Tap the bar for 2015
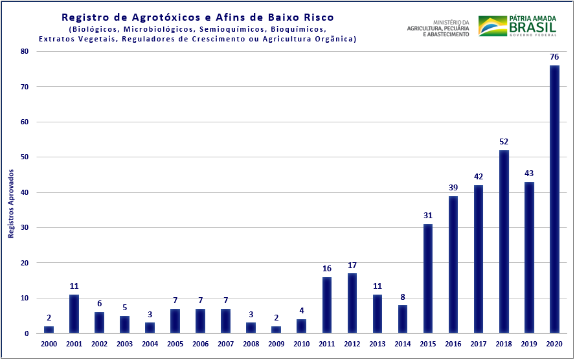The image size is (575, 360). click(428, 278)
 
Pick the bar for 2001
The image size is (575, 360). click(74, 314)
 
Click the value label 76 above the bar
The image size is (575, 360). click(554, 57)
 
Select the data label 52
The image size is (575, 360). click(504, 142)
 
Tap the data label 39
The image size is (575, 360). click(453, 188)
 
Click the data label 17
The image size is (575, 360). click(352, 265)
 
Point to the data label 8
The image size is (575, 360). click(403, 297)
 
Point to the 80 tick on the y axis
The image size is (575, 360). click(24, 51)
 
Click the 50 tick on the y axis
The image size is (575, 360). click(24, 157)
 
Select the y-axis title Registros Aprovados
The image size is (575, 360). click(11, 203)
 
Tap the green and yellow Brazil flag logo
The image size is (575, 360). click(492, 26)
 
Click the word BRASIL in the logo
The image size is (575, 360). click(532, 27)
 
